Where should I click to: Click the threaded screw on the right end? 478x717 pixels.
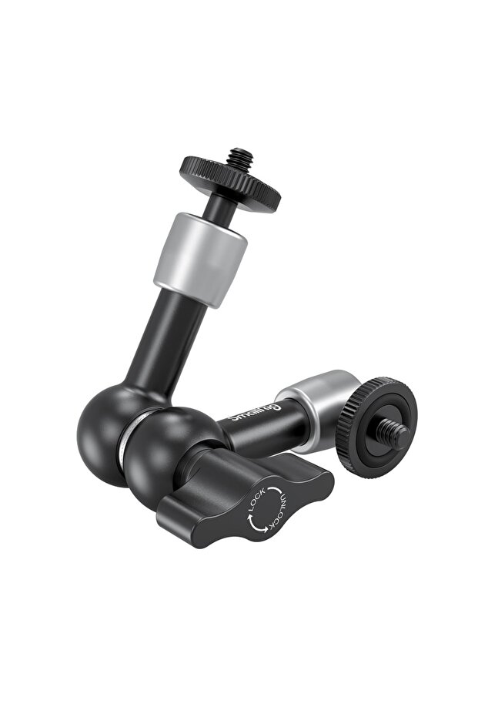[x=397, y=436]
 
